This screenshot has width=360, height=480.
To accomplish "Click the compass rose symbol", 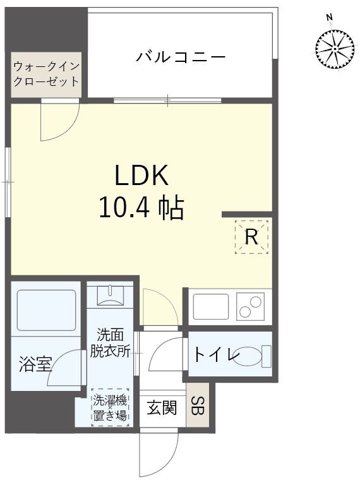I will coord(334,49).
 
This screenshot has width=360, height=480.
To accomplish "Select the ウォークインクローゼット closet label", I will coord(46,74).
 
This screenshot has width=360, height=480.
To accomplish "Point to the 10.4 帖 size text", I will coord(141,207).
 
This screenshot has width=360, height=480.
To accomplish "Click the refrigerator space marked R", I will coord(251,237).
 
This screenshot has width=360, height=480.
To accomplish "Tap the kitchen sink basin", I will coord(211,306).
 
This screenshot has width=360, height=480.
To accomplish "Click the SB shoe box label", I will coord(198,406).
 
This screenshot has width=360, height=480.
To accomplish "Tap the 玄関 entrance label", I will coord(162,409).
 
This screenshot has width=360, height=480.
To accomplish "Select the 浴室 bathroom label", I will coord(34,364).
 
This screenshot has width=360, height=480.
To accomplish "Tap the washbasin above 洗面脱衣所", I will coord(111,296).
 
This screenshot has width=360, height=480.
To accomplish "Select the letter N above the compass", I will coord(329,16).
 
